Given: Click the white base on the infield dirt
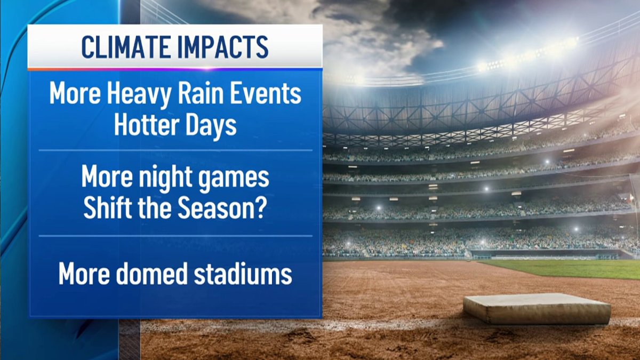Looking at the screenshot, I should tap(537, 309).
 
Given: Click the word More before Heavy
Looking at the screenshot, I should tap(75, 95).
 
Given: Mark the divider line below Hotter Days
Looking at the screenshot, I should tap(175, 150).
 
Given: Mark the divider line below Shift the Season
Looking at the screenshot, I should tap(175, 236).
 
